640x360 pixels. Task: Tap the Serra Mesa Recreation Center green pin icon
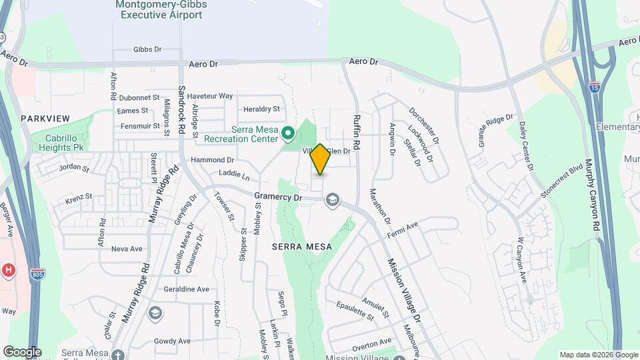(288, 133)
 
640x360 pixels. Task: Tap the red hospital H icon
(9, 270)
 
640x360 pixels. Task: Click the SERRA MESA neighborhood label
(298, 246)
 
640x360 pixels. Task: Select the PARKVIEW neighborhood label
(45, 118)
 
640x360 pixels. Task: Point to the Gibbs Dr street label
(147, 49)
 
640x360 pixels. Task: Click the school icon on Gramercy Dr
(332, 200)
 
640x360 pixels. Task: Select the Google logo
(21, 352)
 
